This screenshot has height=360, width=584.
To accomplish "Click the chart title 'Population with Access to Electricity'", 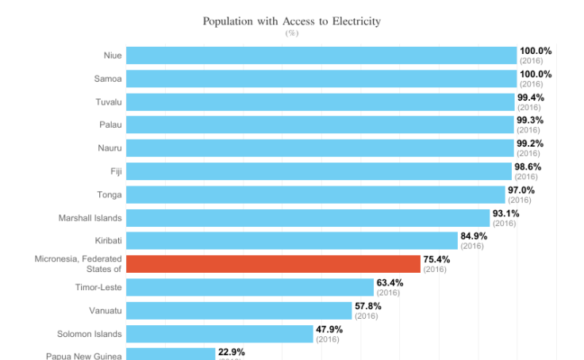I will pyautogui.click(x=291, y=21).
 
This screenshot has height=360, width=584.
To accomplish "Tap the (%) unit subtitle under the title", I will pyautogui.click(x=291, y=33).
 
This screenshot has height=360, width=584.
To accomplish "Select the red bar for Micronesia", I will pyautogui.click(x=273, y=264).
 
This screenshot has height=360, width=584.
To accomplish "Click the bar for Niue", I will pyautogui.click(x=321, y=56).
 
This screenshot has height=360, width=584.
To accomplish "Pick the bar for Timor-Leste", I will pyautogui.click(x=250, y=287).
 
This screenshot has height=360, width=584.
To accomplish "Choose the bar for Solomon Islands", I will pyautogui.click(x=220, y=334).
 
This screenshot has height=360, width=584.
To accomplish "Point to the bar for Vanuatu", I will pyautogui.click(x=239, y=311).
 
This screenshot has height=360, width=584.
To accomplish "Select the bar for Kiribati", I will pyautogui.click(x=292, y=241).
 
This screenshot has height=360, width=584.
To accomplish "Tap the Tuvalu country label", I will pyautogui.click(x=107, y=101).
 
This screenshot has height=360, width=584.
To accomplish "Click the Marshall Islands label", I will pyautogui.click(x=90, y=218).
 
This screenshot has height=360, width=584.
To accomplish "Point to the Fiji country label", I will pyautogui.click(x=115, y=171).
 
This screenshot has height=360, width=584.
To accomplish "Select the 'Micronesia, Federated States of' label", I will pyautogui.click(x=78, y=264).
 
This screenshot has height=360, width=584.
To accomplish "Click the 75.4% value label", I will pyautogui.click(x=436, y=259).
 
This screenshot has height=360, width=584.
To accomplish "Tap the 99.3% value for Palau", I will pyautogui.click(x=530, y=121).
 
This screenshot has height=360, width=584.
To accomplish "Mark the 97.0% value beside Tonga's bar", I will pyautogui.click(x=521, y=190).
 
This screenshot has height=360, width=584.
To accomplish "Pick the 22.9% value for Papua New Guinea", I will pyautogui.click(x=232, y=352).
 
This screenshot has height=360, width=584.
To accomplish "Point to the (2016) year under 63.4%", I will pyautogui.click(x=389, y=293).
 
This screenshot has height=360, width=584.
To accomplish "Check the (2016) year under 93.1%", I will pyautogui.click(x=505, y=223).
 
